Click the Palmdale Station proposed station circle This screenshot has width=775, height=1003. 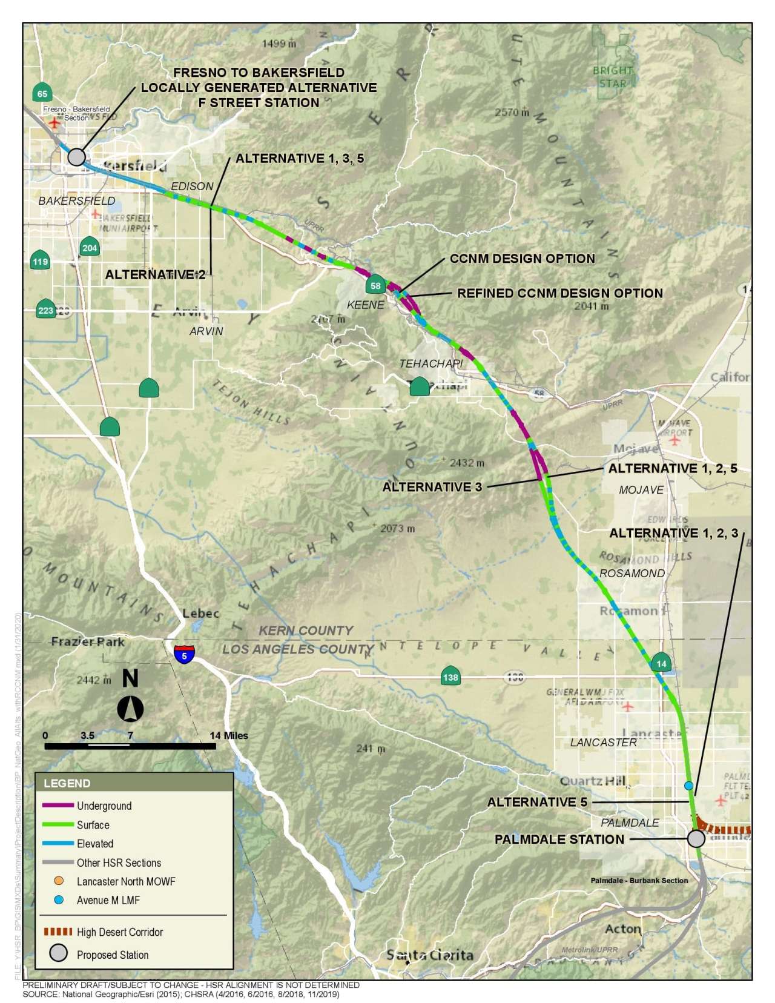[696, 838]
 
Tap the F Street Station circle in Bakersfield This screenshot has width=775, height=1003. [76, 157]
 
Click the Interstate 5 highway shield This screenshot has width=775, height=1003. [184, 654]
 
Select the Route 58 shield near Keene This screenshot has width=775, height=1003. [375, 285]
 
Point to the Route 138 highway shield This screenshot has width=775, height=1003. [450, 677]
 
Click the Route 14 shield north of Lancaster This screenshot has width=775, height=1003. [661, 663]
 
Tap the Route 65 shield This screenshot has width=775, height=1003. [42, 93]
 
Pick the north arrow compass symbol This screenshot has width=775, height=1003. [130, 707]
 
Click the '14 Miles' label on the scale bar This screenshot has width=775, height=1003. [229, 735]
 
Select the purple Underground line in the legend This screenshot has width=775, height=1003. [58, 806]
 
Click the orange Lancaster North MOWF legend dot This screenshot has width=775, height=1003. [59, 881]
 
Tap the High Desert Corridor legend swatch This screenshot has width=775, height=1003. [58, 932]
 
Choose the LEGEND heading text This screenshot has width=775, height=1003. [67, 783]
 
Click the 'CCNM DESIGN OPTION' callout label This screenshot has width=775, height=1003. [522, 259]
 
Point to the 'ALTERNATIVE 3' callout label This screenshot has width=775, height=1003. [432, 487]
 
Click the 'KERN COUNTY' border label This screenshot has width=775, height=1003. [306, 631]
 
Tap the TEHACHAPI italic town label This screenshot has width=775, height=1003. [430, 363]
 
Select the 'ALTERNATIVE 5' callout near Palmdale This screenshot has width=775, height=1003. [537, 802]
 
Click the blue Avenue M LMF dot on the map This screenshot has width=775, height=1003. [688, 786]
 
